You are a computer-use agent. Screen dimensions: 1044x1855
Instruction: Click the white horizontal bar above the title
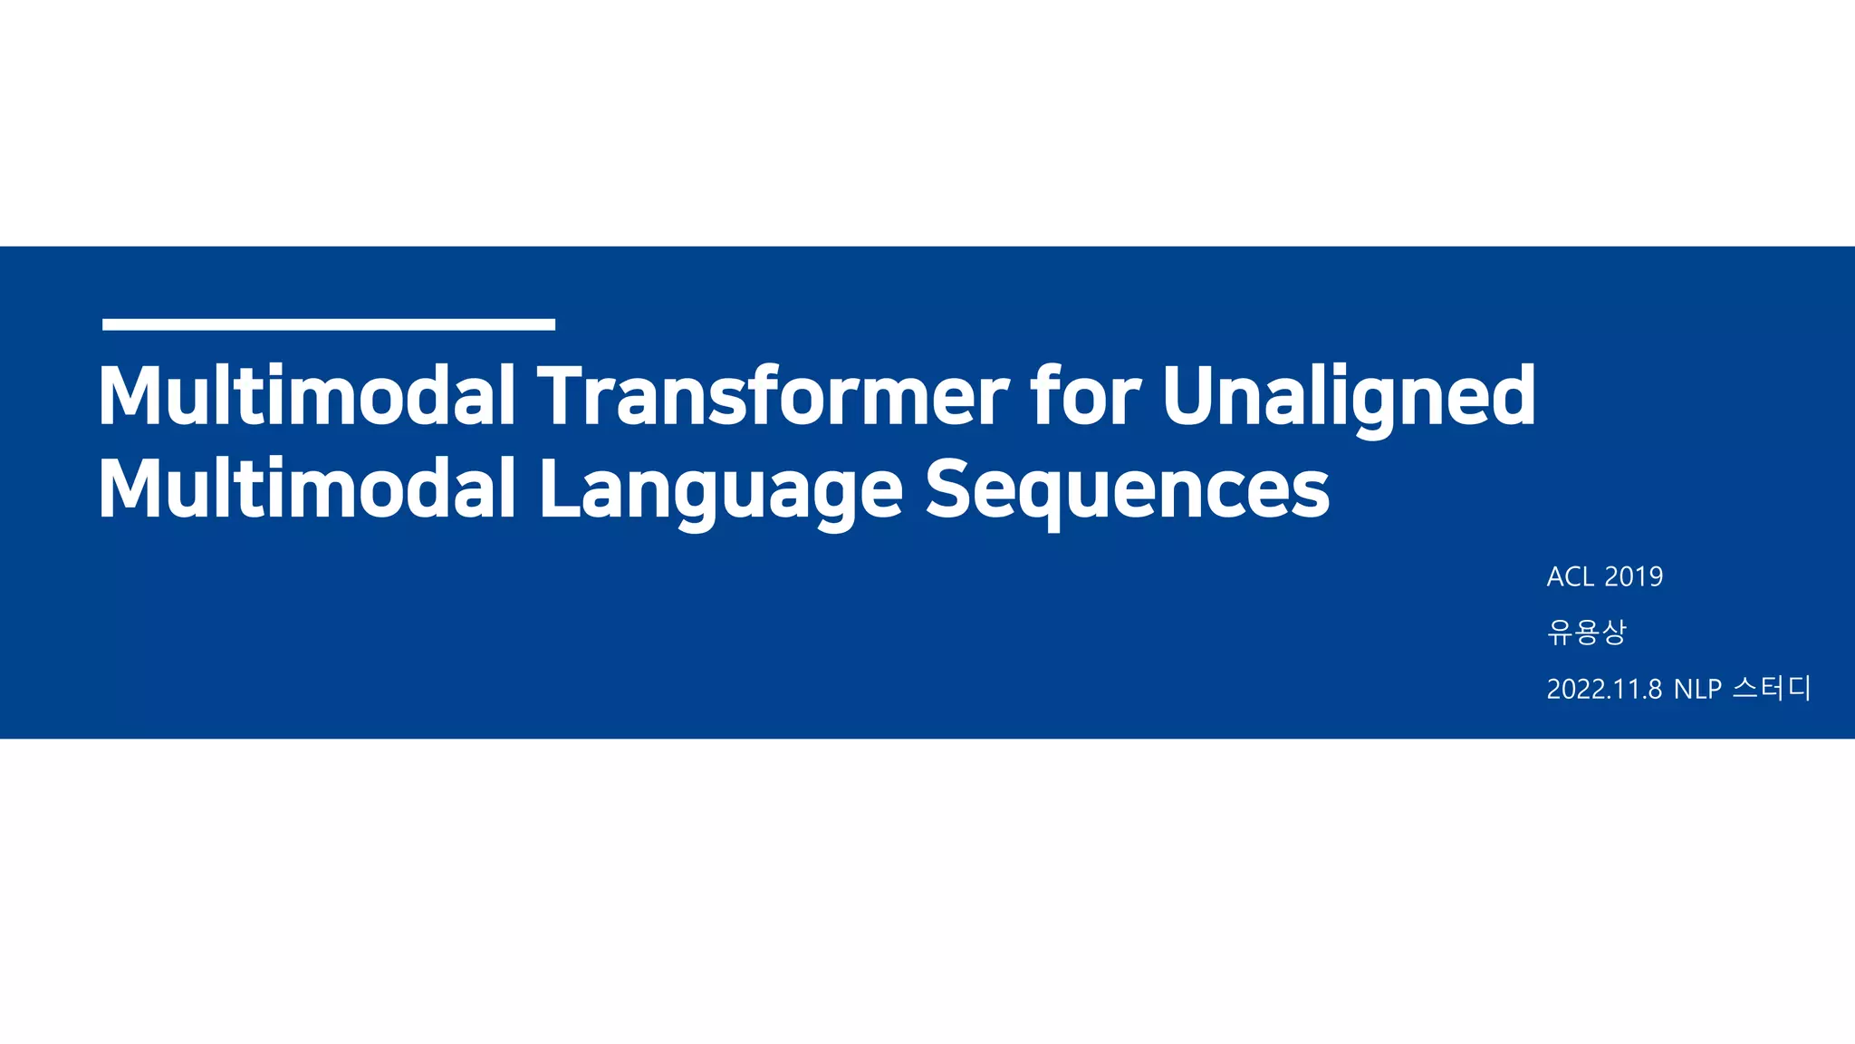328,324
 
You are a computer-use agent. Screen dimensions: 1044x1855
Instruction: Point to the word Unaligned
1349,397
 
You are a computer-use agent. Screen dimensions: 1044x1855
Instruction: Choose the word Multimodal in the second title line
306,489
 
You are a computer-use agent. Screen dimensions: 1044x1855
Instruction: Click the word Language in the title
721,491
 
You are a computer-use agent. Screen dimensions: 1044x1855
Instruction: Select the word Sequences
1127,491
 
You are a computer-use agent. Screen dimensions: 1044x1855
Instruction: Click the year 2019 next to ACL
1634,576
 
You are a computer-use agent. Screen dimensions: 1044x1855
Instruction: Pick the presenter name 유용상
1587,632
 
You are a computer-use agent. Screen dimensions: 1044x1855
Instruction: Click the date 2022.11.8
1604,690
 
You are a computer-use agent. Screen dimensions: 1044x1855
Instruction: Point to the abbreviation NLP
1697,690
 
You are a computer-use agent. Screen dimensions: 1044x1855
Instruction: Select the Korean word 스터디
1771,688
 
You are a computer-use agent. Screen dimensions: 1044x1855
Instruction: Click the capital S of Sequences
951,489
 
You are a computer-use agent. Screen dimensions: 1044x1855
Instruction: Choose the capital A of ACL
1556,576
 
